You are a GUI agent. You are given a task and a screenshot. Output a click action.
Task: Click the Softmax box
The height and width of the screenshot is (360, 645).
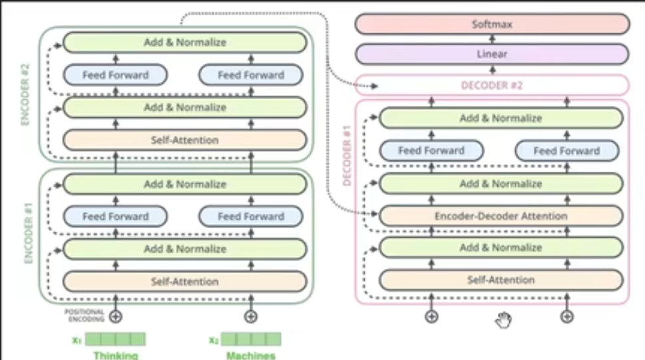[492, 24]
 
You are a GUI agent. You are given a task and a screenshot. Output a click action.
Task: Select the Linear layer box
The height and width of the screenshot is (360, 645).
[492, 54]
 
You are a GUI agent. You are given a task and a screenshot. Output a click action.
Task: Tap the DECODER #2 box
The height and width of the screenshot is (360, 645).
[492, 85]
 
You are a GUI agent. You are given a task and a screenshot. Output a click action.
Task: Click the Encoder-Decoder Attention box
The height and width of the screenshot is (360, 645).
[501, 216]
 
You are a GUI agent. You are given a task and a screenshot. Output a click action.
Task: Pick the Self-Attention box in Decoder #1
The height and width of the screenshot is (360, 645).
[501, 280]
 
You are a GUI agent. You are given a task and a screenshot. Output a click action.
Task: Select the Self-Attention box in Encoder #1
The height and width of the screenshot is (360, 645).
[184, 281]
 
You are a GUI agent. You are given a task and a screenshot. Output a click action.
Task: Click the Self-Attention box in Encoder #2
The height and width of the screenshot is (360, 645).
[184, 140]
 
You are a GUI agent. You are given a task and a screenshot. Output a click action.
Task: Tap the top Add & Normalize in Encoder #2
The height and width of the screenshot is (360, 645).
[184, 43]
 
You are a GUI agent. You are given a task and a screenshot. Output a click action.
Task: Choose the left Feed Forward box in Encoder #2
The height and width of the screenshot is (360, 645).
[115, 75]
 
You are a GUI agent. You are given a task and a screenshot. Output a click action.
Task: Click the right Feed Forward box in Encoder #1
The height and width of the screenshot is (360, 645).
[251, 216]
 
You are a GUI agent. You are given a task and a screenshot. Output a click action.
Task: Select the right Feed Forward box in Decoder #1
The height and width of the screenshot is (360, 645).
[567, 151]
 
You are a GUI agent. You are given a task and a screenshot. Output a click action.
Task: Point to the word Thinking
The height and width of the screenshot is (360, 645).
[116, 355]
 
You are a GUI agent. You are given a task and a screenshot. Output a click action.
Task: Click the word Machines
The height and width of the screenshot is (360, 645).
[251, 355]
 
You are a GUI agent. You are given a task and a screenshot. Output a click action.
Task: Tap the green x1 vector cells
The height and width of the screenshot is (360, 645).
[116, 339]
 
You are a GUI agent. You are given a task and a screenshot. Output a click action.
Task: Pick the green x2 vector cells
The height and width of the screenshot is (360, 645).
[251, 339]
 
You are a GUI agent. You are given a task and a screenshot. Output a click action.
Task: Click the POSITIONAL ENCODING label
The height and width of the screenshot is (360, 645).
[85, 315]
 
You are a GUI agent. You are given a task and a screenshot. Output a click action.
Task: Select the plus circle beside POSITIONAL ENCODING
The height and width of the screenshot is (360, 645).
[116, 316]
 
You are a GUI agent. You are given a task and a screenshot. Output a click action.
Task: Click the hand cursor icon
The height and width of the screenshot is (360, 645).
[503, 319]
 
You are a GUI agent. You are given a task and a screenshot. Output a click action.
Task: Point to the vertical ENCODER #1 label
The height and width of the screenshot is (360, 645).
[28, 234]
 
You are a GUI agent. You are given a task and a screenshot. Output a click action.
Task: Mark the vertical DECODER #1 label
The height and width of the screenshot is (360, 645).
[347, 155]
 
